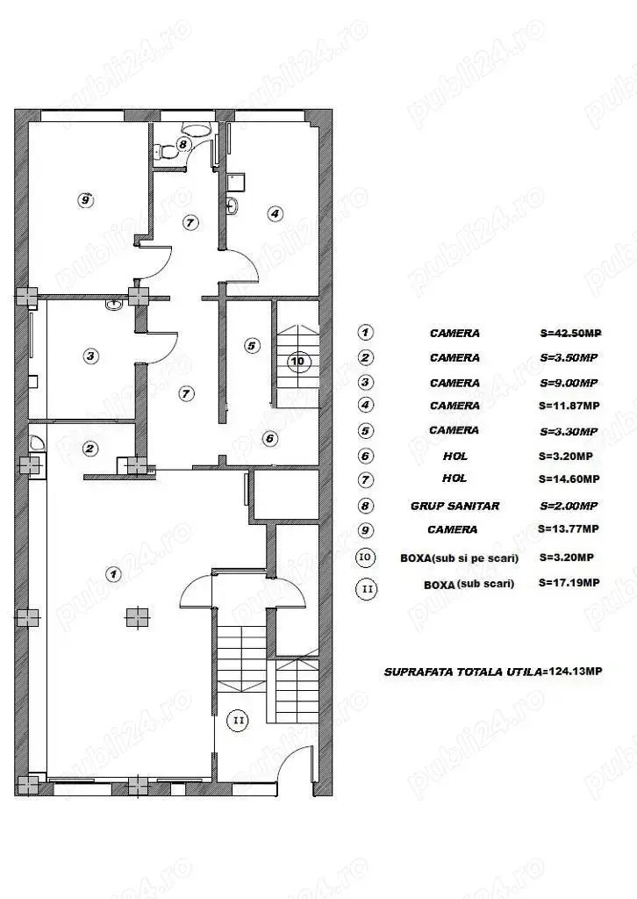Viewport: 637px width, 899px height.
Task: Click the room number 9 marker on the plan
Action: tap(85, 200)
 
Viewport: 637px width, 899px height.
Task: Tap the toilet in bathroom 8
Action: tap(167, 152)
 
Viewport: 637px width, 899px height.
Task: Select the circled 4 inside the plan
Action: tap(276, 213)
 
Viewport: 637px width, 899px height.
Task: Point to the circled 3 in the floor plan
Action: tap(90, 356)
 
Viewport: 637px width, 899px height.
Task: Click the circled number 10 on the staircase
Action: tap(297, 362)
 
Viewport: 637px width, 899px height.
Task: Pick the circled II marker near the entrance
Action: tap(238, 720)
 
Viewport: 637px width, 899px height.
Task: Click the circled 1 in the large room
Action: tap(114, 573)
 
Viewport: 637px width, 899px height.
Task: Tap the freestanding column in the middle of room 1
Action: tap(138, 617)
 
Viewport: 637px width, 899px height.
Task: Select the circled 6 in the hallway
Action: tap(270, 439)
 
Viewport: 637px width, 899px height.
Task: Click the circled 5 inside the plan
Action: tap(252, 346)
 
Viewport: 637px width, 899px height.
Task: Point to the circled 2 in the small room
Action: tap(89, 449)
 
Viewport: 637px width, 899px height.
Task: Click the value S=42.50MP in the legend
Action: tap(570, 333)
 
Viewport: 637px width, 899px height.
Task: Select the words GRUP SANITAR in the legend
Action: tap(454, 506)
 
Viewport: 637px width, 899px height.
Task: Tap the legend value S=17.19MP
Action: tap(569, 583)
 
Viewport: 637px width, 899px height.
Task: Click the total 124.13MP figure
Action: tap(575, 671)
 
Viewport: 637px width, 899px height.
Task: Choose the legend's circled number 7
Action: tap(366, 479)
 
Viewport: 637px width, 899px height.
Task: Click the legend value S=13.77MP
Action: tap(569, 529)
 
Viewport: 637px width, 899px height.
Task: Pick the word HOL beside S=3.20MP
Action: tap(454, 456)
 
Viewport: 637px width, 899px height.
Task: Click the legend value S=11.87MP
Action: tap(569, 406)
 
